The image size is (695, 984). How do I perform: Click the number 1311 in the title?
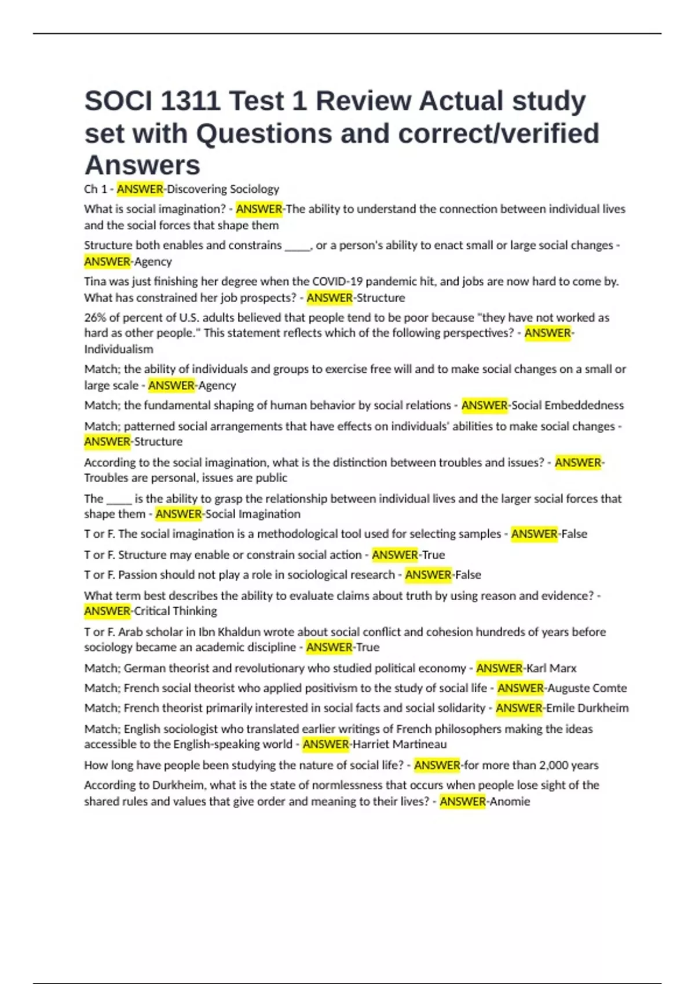tap(190, 101)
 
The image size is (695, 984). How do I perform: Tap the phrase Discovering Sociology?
tap(223, 189)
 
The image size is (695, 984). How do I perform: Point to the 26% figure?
tap(94, 318)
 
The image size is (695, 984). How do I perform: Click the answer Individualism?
tap(119, 350)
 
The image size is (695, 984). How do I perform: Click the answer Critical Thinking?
tap(175, 611)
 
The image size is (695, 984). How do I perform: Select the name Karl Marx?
tap(551, 669)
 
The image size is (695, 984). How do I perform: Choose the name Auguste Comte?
tap(587, 688)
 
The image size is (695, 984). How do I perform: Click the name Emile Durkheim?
tap(587, 708)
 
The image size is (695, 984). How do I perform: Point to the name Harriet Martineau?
tap(400, 744)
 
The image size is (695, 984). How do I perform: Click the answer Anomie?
tap(510, 802)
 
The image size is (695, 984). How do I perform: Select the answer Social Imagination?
tap(253, 514)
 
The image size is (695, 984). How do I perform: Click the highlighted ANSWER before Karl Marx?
tap(499, 669)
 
